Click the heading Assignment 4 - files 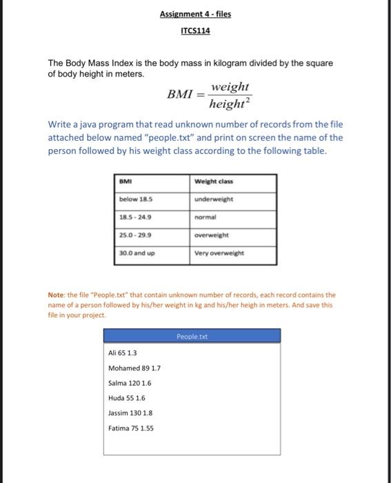pyautogui.click(x=195, y=13)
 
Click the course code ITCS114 pyautogui.click(x=195, y=31)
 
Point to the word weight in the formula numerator pyautogui.click(x=230, y=88)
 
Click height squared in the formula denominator pyautogui.click(x=230, y=103)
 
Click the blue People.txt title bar pyautogui.click(x=192, y=336)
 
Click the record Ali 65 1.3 pyautogui.click(x=123, y=353)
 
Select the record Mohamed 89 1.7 pyautogui.click(x=134, y=368)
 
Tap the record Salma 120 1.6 pyautogui.click(x=129, y=382)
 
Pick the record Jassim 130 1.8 pyautogui.click(x=130, y=413)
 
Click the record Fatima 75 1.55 pyautogui.click(x=131, y=428)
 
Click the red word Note pyautogui.click(x=57, y=294)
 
